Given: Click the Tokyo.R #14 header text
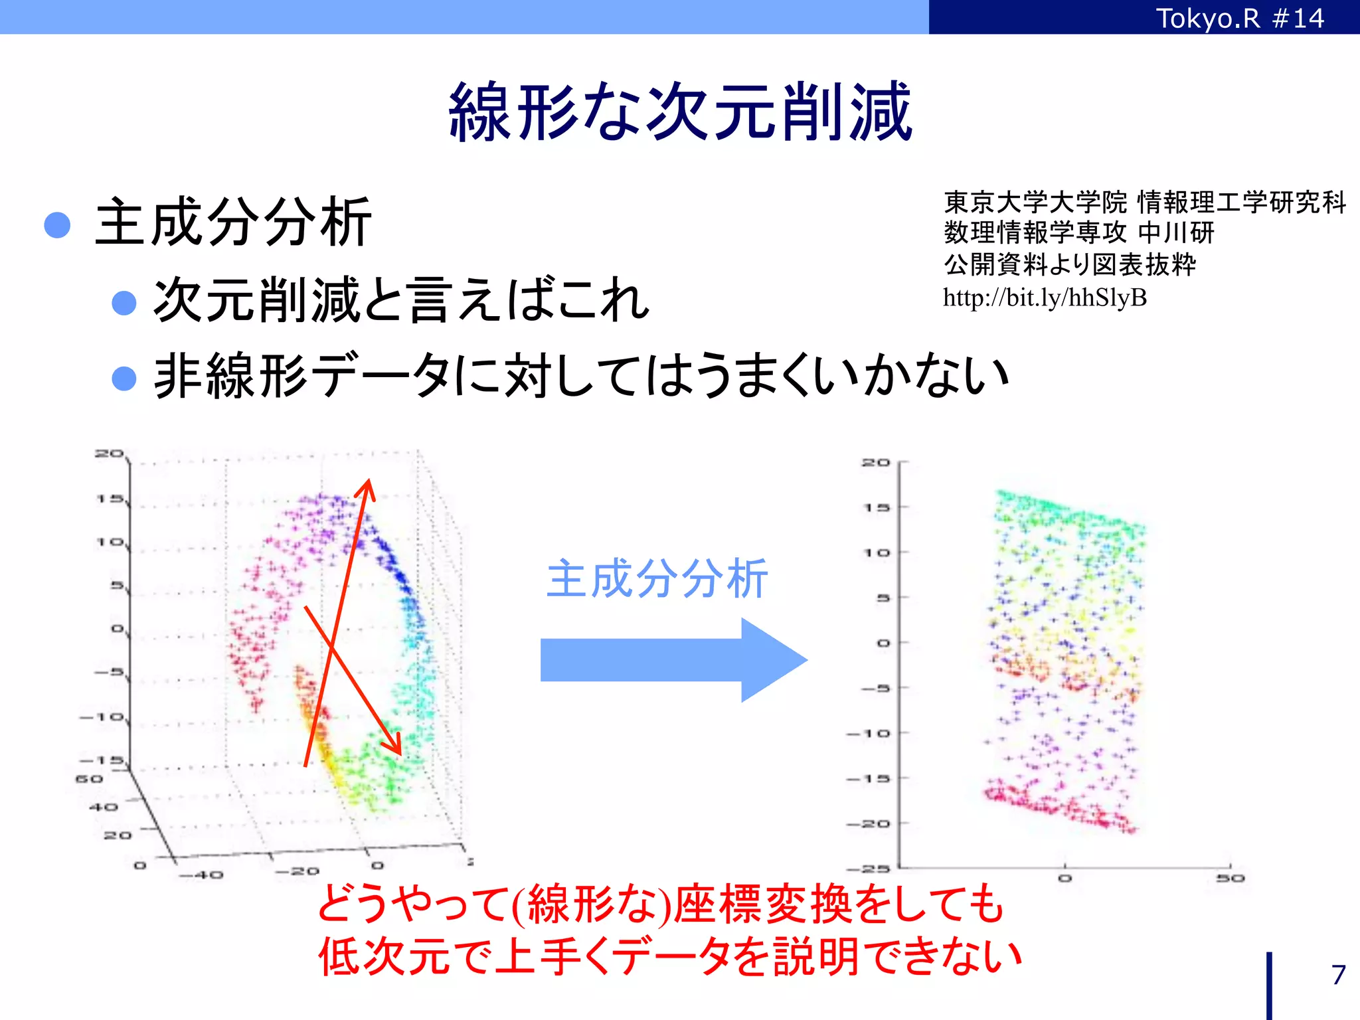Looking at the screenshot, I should (x=1240, y=18).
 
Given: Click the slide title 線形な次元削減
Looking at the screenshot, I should (x=680, y=112).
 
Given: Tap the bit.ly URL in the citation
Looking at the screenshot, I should (x=1045, y=297).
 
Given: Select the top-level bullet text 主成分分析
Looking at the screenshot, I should (x=232, y=222).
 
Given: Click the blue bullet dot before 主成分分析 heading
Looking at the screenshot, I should (x=57, y=225).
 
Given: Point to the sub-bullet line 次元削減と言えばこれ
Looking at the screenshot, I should (x=400, y=300).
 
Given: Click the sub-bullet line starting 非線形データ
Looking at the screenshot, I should (x=581, y=376).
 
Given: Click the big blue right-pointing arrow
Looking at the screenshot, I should (x=673, y=659).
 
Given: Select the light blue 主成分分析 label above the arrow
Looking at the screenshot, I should (x=656, y=579).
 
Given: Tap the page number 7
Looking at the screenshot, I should (x=1338, y=975).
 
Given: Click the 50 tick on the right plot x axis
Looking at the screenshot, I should (x=1231, y=878).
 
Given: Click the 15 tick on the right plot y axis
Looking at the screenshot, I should (x=876, y=507).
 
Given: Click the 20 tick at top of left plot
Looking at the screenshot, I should (x=109, y=454).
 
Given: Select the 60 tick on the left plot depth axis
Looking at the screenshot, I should (x=89, y=778).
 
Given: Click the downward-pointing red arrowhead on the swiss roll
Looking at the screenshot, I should (x=396, y=746).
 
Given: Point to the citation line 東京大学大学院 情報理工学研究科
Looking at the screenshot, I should (x=1144, y=202).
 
